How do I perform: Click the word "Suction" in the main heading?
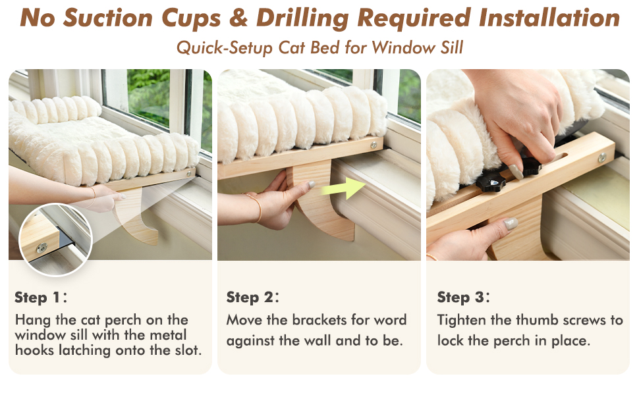[108, 18]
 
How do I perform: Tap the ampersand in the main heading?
[238, 18]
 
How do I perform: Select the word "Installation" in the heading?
[550, 18]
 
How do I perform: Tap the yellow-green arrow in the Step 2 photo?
[343, 188]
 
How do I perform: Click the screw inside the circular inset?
[42, 247]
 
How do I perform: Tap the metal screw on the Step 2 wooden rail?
[374, 145]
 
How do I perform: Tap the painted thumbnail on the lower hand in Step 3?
[511, 224]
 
